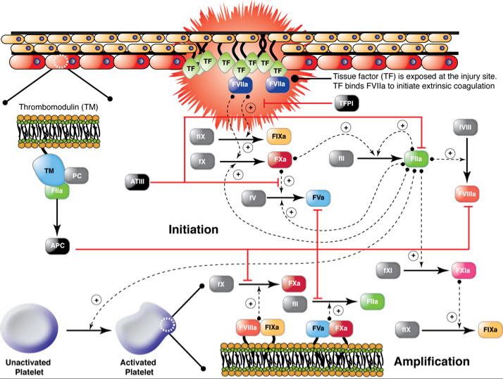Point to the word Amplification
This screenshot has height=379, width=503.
[x=431, y=361]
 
